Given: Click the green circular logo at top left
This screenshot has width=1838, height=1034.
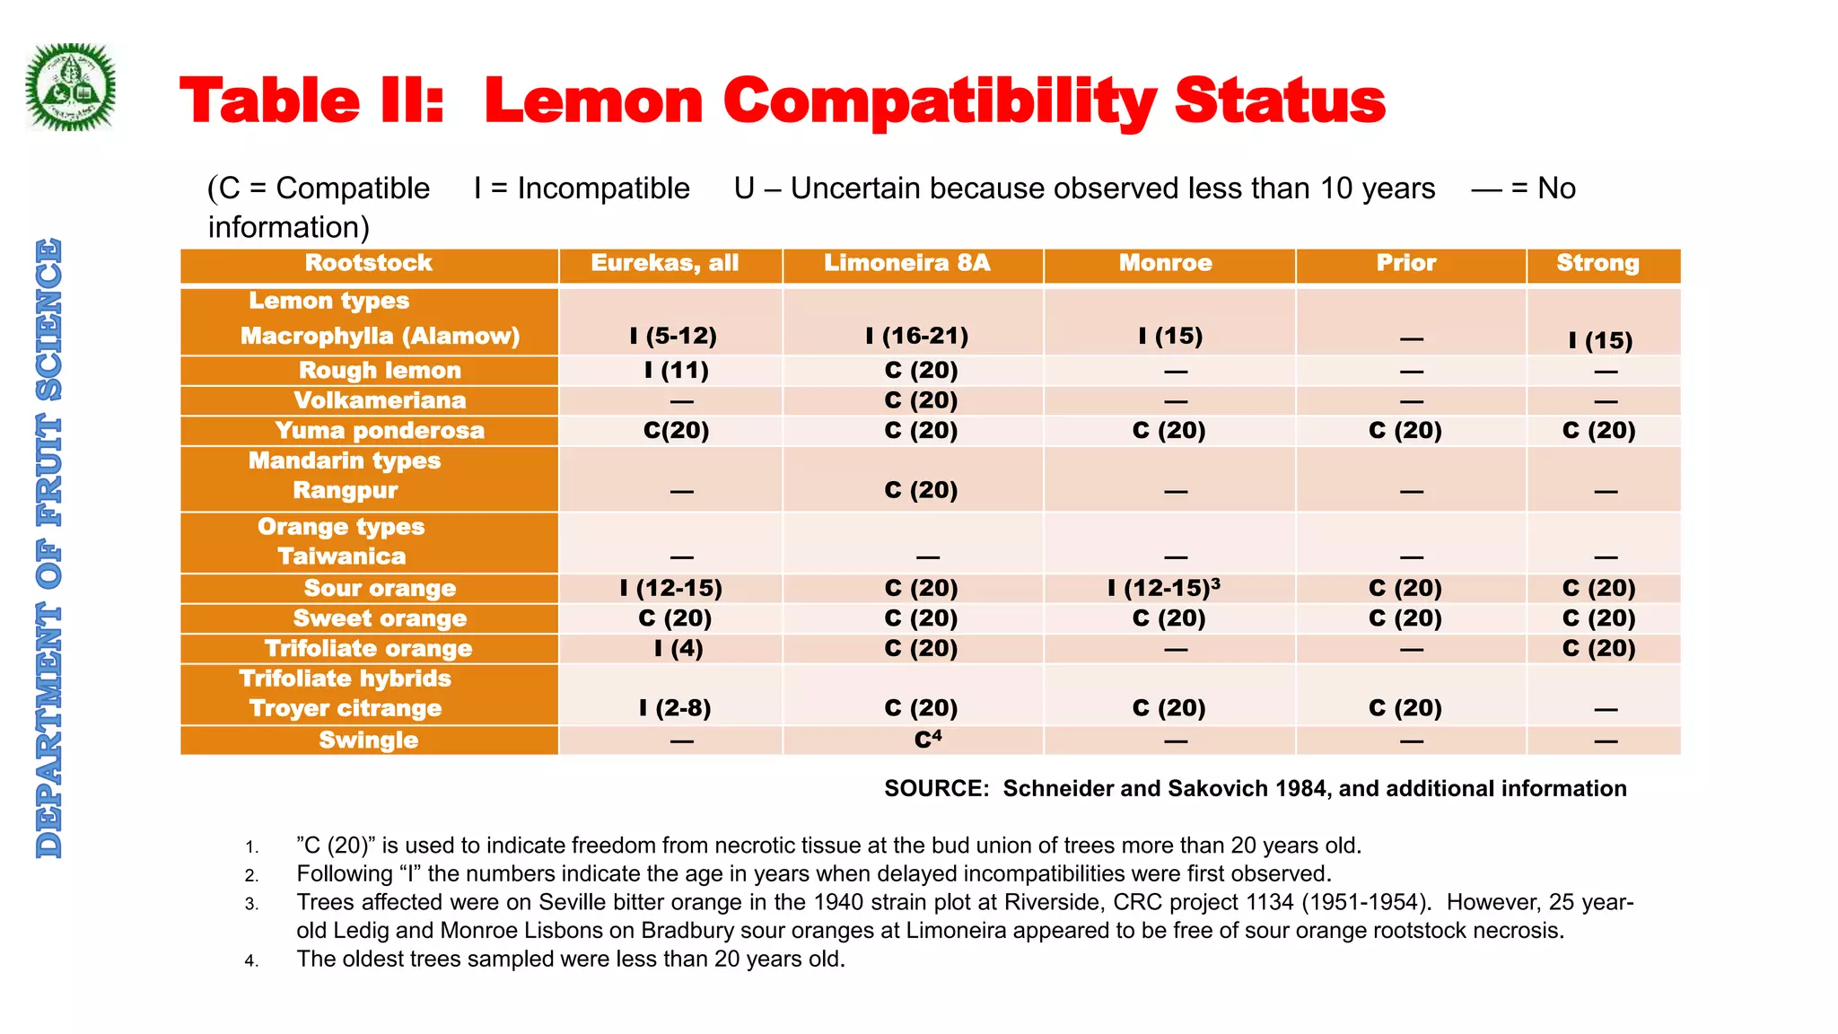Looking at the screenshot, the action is [71, 87].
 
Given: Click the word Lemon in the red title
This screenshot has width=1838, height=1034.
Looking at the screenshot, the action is [593, 101].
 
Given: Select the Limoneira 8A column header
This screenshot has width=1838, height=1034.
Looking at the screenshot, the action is [907, 263].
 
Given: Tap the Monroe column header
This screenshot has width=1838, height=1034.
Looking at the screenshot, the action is [1166, 263].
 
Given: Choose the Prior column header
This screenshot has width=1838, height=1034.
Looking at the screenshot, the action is [1406, 263].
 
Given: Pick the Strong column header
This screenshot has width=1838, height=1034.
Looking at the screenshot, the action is [1597, 264].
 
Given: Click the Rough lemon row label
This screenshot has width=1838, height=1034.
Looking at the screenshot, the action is [380, 371].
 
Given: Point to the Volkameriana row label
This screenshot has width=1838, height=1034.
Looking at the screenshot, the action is [380, 400].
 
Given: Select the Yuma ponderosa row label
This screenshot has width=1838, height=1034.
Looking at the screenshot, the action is [380, 431].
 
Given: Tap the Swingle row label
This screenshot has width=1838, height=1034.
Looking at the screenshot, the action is [369, 740].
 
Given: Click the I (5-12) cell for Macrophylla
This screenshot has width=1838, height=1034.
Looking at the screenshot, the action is [673, 337].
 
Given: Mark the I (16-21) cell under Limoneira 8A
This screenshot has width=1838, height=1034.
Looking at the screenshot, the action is [917, 337].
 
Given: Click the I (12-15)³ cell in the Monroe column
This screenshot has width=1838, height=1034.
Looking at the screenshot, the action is [1164, 588].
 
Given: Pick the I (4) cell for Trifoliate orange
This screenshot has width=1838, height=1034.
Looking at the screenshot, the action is [678, 648].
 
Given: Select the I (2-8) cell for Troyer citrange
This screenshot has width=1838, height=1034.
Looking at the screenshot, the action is [675, 708].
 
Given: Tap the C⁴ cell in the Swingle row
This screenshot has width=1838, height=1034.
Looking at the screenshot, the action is [928, 740].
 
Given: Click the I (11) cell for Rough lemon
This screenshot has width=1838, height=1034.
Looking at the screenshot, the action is [677, 371].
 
